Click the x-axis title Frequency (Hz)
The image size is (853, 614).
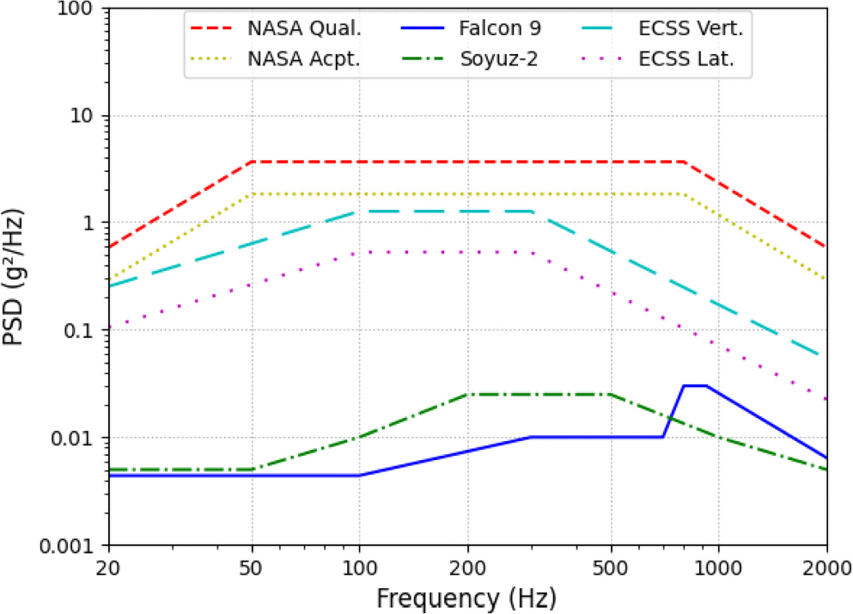click(x=468, y=595)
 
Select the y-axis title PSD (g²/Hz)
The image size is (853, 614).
click(x=18, y=277)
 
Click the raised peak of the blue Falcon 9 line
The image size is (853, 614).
click(x=695, y=386)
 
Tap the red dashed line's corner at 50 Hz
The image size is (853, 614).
click(x=252, y=162)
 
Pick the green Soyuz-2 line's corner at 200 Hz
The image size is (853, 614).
click(x=468, y=394)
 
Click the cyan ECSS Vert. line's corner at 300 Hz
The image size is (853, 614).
click(x=532, y=211)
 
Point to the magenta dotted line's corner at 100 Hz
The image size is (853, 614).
click(x=360, y=252)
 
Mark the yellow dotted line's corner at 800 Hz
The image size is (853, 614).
click(x=684, y=194)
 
